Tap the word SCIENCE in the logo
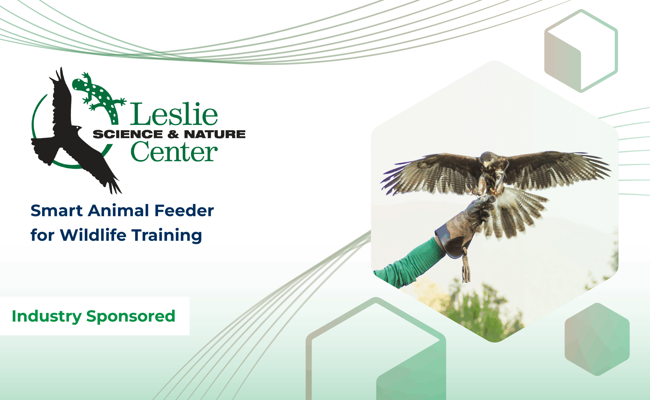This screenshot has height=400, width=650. click(x=128, y=134)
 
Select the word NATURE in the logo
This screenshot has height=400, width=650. click(x=215, y=134)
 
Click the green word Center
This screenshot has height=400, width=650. click(x=174, y=151)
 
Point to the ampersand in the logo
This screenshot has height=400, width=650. click(x=173, y=134)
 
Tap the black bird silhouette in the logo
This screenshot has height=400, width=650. click(x=71, y=132)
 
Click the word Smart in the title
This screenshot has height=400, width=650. click(x=57, y=211)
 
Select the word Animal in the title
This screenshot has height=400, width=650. click(x=119, y=211)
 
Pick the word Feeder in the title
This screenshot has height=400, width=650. click(x=184, y=211)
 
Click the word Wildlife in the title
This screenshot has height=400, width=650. click(x=93, y=235)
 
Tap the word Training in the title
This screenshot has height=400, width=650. click(x=167, y=235)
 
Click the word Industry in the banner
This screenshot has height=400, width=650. click(x=47, y=317)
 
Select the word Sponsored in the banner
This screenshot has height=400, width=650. click(x=131, y=317)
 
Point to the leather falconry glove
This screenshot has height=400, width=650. click(x=465, y=228)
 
